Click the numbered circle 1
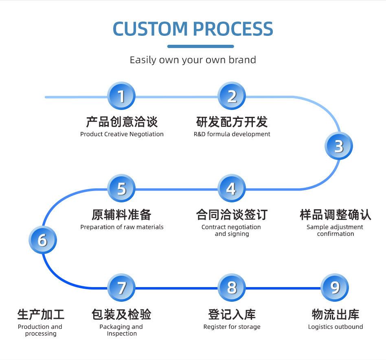click(x=121, y=96)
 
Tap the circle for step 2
click(x=232, y=96)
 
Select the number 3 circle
click(x=339, y=146)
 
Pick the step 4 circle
click(x=232, y=189)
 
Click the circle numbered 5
click(x=121, y=189)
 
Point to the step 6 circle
click(x=43, y=240)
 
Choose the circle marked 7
click(x=121, y=288)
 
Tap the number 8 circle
click(x=232, y=288)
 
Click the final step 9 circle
click(x=335, y=288)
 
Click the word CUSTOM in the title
click(x=150, y=29)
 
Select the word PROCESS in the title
click(x=233, y=29)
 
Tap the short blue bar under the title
click(x=200, y=46)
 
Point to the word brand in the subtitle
click(x=242, y=60)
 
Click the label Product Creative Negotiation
click(x=122, y=134)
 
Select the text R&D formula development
click(x=232, y=134)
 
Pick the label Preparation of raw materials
click(x=122, y=227)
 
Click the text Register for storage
click(x=232, y=327)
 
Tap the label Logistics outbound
click(x=336, y=327)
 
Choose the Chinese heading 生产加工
click(x=41, y=314)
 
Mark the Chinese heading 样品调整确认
click(x=335, y=215)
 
